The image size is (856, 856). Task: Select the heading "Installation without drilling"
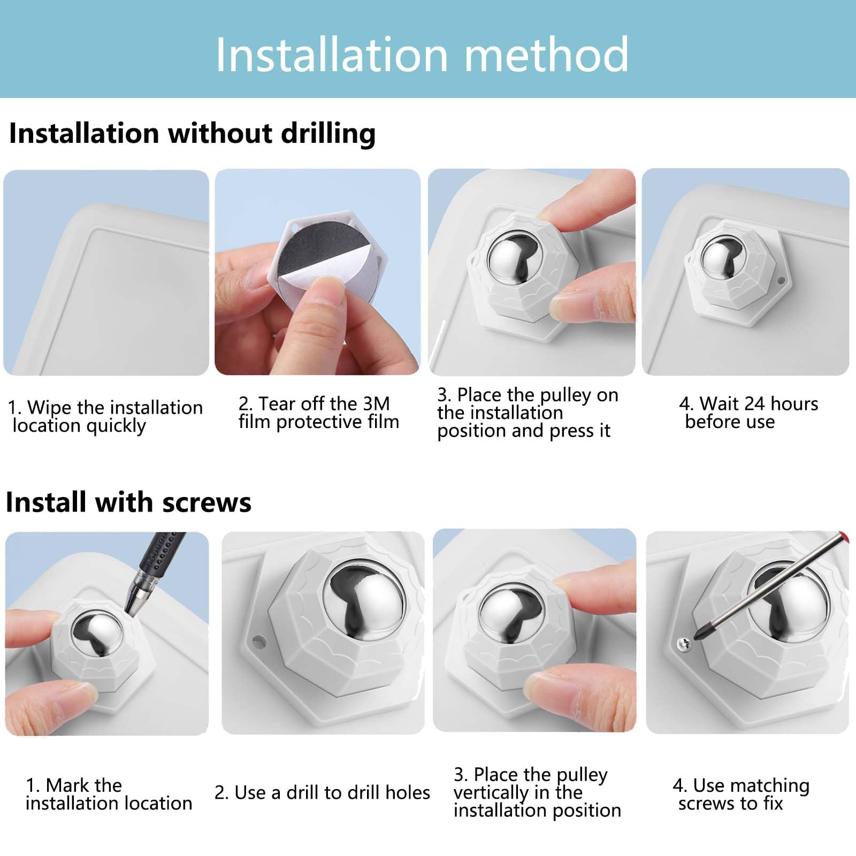tap(193, 133)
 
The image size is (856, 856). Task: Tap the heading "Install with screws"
tap(128, 502)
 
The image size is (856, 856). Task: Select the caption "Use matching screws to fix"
tap(741, 794)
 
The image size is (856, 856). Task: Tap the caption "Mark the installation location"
tap(109, 794)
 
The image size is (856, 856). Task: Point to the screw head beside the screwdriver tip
tap(683, 644)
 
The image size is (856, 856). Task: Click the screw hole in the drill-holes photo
tap(259, 639)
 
